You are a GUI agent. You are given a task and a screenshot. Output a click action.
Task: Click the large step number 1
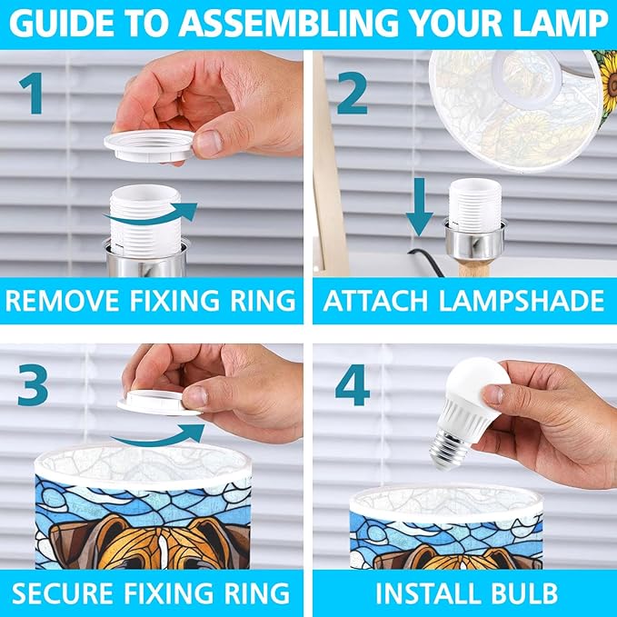(x=31, y=94)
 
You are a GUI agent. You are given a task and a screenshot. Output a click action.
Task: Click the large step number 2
(x=353, y=93)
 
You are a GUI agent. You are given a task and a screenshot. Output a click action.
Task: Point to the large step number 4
(x=353, y=385)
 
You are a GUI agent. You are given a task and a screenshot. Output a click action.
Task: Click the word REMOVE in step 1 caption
(x=63, y=301)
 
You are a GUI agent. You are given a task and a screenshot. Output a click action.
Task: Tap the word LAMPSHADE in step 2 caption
(x=522, y=301)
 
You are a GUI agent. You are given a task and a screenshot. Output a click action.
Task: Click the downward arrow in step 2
(x=420, y=207)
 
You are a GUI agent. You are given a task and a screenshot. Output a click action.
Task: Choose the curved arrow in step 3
(x=157, y=435)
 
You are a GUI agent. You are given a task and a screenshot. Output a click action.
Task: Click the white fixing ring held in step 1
(x=149, y=145)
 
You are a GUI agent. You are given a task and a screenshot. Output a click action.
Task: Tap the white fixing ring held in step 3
(x=159, y=403)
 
